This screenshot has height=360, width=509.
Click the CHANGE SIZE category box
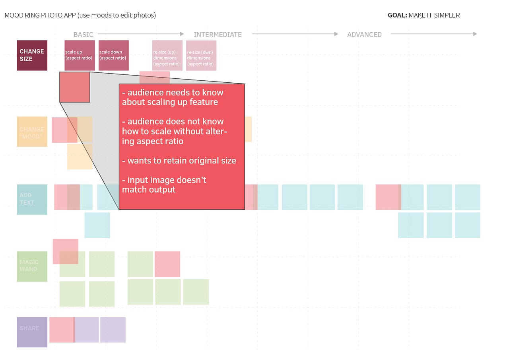pos(32,55)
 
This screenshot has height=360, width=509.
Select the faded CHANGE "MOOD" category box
pos(32,132)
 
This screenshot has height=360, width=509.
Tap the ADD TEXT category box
pos(32,199)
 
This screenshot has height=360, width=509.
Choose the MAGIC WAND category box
pos(32,266)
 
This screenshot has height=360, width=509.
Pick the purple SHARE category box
pos(32,332)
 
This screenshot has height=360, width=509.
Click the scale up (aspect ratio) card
pos(80,55)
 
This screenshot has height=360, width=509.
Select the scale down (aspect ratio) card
pos(113,55)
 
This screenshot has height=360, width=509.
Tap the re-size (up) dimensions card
pos(167,55)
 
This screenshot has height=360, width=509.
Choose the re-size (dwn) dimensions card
pos(201,55)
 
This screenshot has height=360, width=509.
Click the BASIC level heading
pos(84,35)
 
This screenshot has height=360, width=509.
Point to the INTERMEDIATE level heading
pos(218,35)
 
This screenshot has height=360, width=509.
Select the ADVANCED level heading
pos(364,35)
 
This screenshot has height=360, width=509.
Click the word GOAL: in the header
pos(397,16)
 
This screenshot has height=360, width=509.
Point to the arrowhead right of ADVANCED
pos(474,34)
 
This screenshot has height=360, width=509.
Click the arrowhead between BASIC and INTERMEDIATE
pos(182,34)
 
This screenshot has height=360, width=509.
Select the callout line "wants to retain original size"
pos(179,161)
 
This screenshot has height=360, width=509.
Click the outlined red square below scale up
pos(75,87)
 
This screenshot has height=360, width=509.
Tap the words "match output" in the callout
pos(149,190)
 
